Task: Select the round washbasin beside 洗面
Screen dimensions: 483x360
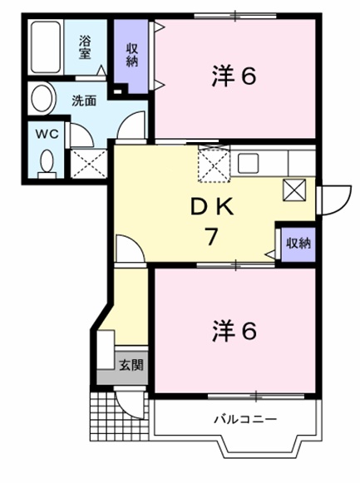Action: click(x=39, y=100)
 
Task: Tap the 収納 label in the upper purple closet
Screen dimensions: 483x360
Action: click(x=131, y=54)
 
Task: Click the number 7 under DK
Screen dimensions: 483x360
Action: click(x=212, y=235)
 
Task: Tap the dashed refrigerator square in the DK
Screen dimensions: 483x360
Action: click(x=215, y=162)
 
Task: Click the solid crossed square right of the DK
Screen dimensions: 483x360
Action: click(x=296, y=190)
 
